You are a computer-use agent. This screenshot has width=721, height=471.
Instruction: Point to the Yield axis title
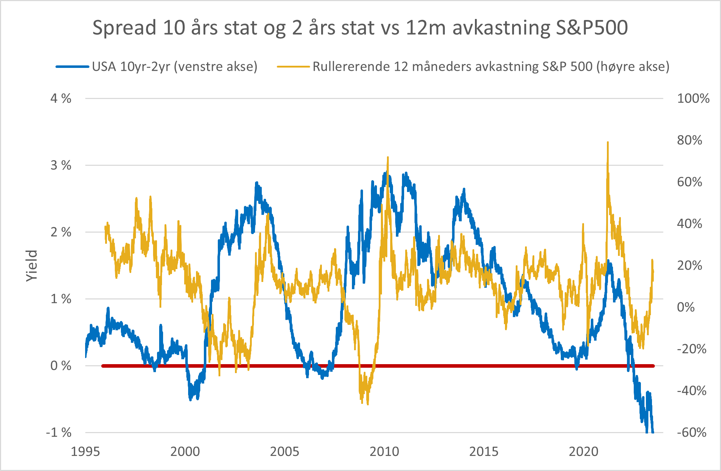(31, 266)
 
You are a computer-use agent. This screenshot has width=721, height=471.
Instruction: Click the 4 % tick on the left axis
(61, 99)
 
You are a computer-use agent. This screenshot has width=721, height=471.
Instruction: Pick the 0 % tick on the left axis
(61, 366)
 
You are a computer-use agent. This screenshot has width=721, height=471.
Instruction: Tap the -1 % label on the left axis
(59, 433)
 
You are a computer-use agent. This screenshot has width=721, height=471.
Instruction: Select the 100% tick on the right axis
(693, 99)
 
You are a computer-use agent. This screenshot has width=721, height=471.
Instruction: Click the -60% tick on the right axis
(691, 433)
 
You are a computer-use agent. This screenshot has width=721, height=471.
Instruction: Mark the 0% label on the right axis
(686, 307)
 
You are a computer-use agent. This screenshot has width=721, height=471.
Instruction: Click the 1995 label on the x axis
(85, 452)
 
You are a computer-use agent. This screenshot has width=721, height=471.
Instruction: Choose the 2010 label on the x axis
(384, 452)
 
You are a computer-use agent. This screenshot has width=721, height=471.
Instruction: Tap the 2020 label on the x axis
(583, 452)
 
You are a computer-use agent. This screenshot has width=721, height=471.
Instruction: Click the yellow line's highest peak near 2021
(608, 143)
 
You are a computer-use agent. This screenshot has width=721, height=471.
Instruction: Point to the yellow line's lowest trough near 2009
(368, 404)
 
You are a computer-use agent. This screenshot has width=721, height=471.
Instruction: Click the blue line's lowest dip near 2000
(190, 400)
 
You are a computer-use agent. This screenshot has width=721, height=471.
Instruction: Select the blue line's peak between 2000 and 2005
(256, 183)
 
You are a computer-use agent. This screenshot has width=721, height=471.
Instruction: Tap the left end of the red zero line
(103, 366)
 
